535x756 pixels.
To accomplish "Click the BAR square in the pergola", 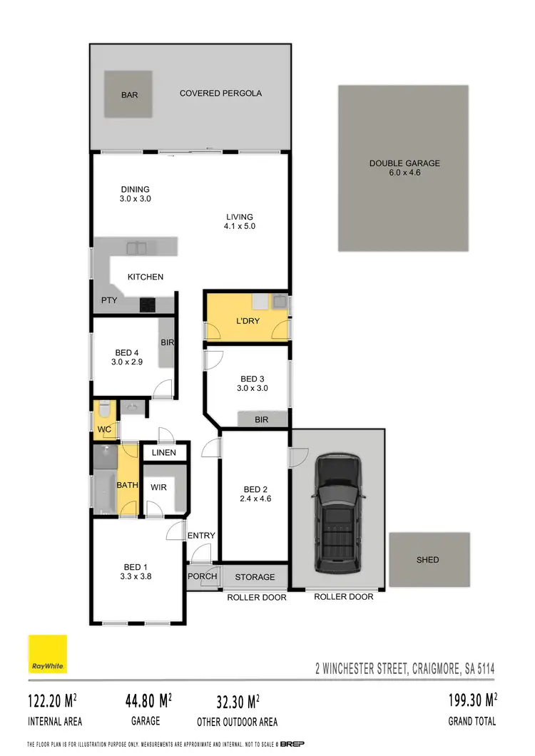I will click(128, 94).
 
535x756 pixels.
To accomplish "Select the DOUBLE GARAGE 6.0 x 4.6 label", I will click(404, 168).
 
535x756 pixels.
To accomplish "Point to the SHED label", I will click(428, 560).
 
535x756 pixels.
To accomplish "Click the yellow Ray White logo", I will click(48, 654).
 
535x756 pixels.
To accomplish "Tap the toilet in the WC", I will click(104, 411).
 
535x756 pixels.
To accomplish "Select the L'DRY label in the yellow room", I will click(248, 321).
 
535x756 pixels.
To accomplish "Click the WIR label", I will click(159, 487).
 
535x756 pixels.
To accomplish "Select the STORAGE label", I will click(255, 577).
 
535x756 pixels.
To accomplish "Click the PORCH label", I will click(202, 577).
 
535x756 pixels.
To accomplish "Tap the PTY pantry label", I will click(108, 300).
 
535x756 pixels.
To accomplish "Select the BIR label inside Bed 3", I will click(261, 420).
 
